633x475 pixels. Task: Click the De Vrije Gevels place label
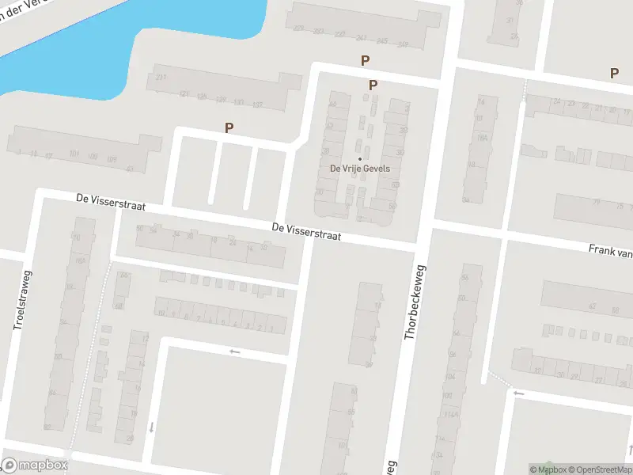[x=360, y=169]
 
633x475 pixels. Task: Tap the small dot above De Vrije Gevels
[x=360, y=158]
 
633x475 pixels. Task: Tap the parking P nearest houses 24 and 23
[x=614, y=73]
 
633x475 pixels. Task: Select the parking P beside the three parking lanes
[x=229, y=127]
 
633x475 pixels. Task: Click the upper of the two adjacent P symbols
[x=365, y=60]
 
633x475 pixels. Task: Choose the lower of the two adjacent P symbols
[x=373, y=85]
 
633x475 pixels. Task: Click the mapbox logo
[x=34, y=465]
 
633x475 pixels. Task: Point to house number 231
[x=161, y=77]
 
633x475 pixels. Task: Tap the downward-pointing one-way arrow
[x=151, y=427]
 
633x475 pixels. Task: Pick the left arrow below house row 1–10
[x=233, y=351]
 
